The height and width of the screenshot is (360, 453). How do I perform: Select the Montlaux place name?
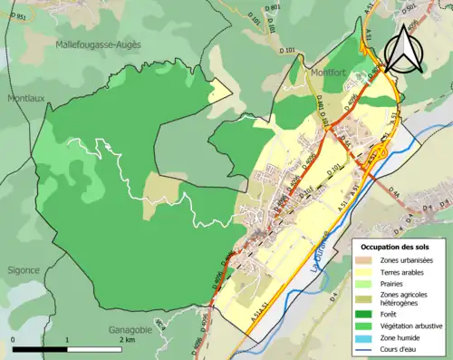24,97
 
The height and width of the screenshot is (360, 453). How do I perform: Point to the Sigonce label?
23,269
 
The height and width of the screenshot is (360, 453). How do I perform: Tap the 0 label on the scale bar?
14,340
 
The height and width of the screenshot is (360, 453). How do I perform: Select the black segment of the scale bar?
42,348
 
